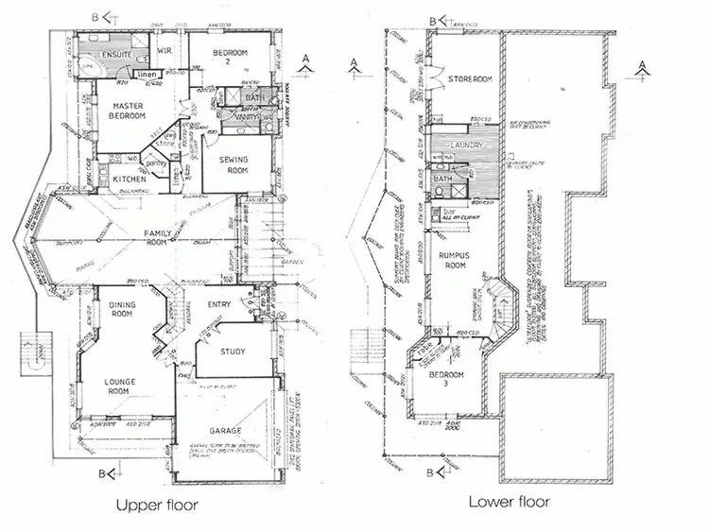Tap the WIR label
pos(164,49)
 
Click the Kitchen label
pos(130,179)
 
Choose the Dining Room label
pos(125,309)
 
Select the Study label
pos(233,352)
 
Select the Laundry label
pos(467,146)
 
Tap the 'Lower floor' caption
pos(509,501)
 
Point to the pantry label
pos(157,162)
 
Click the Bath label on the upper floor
pos(254,97)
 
